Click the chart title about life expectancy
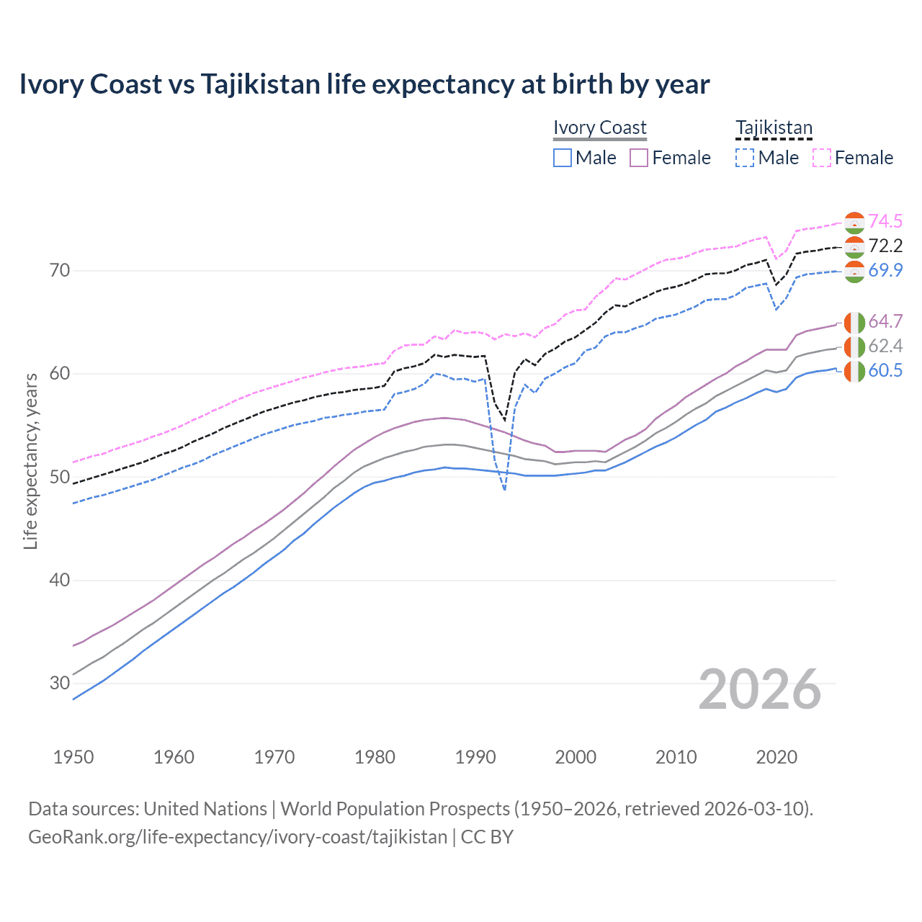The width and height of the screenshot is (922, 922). click(x=364, y=84)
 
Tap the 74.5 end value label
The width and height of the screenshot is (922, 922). click(x=885, y=221)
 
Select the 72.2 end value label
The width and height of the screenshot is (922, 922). click(x=885, y=246)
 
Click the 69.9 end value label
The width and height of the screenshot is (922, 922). click(x=885, y=270)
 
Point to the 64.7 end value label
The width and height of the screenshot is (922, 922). click(x=885, y=321)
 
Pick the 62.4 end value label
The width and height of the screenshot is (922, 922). click(x=885, y=346)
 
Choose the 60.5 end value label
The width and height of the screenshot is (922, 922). click(x=885, y=370)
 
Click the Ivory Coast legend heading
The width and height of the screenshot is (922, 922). click(x=600, y=127)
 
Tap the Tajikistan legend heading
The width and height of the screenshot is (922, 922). click(x=774, y=127)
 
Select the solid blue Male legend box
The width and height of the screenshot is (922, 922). click(x=563, y=158)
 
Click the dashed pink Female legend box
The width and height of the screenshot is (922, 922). click(x=822, y=158)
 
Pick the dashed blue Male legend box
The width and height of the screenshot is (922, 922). click(x=745, y=158)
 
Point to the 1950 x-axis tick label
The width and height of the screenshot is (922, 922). click(x=73, y=757)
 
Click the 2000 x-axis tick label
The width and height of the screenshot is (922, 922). click(x=576, y=757)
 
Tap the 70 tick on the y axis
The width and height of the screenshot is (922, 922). click(x=60, y=271)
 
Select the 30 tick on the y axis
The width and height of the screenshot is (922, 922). click(x=60, y=683)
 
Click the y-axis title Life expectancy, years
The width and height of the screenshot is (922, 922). click(x=30, y=461)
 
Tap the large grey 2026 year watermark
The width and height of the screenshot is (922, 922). click(x=760, y=689)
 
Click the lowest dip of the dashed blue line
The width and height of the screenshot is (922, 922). click(x=504, y=490)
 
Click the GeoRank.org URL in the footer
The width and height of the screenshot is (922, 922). click(x=238, y=837)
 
